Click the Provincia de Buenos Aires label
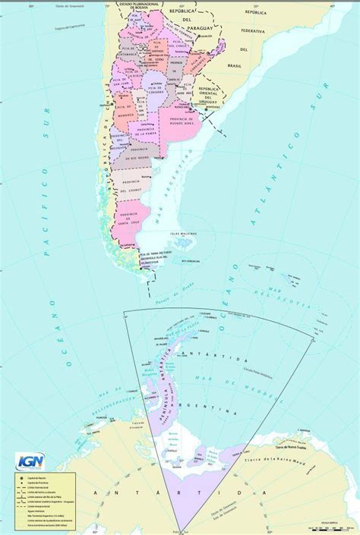pyautogui.click(x=177, y=118)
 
